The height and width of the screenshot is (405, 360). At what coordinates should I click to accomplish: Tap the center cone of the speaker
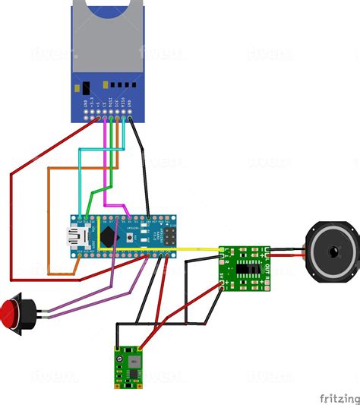pos(331,252)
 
